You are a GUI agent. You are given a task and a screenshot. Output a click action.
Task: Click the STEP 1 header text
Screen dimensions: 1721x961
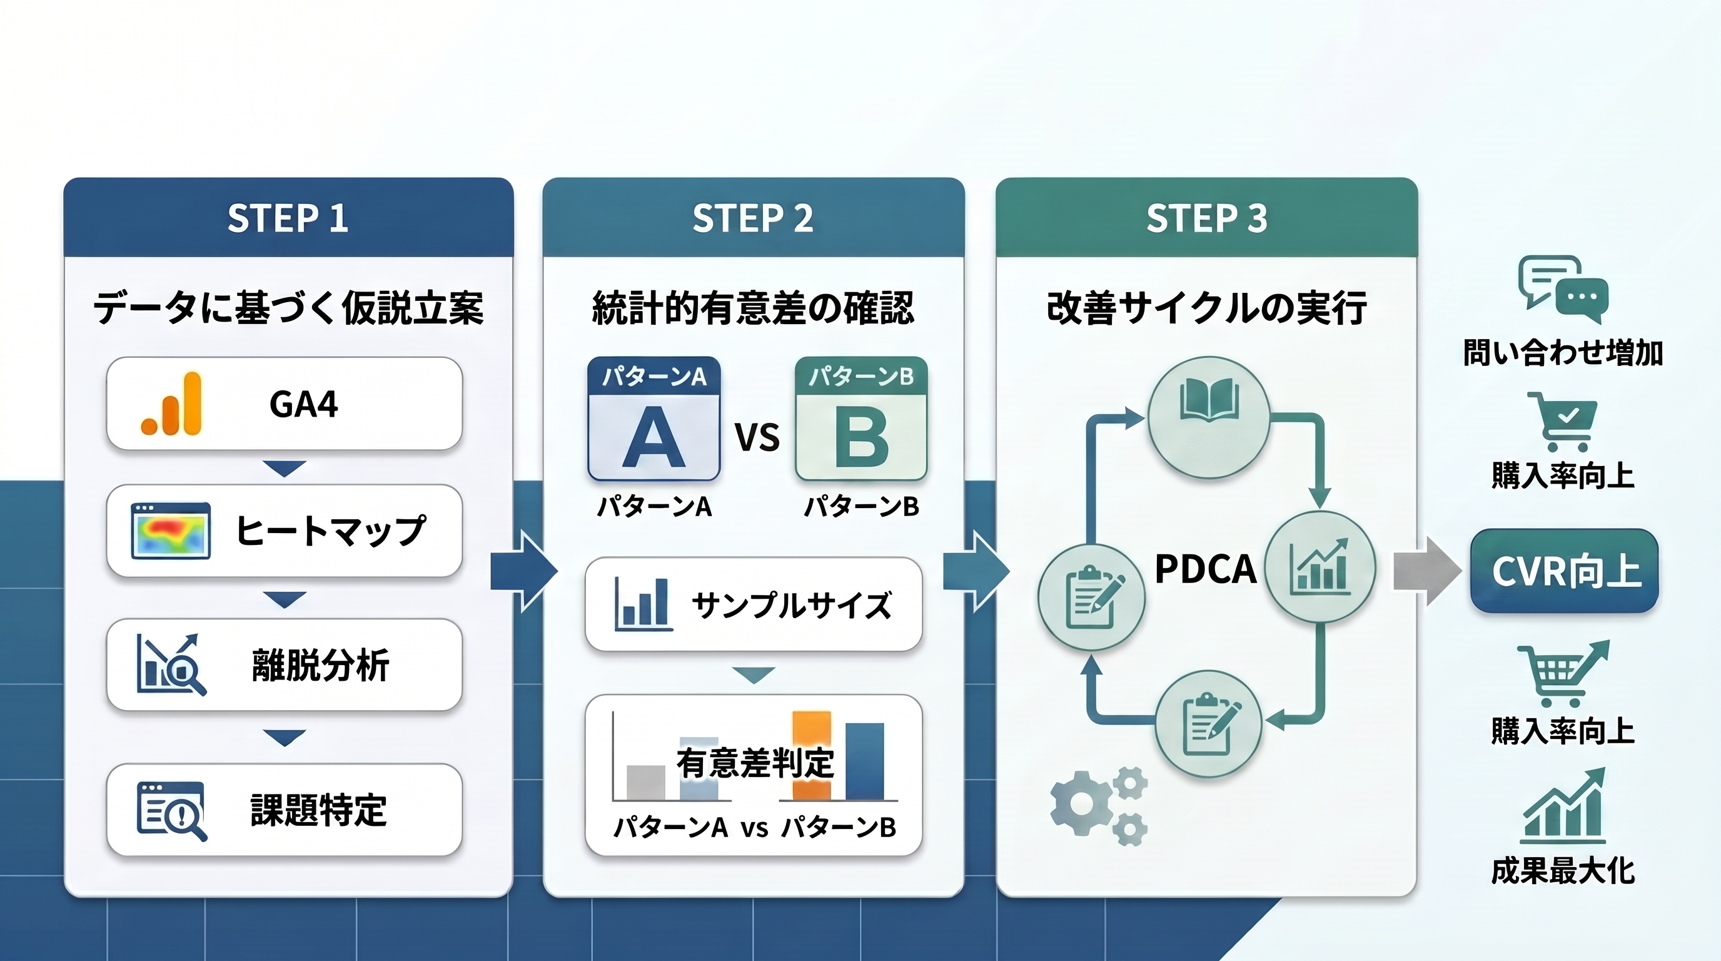tap(288, 218)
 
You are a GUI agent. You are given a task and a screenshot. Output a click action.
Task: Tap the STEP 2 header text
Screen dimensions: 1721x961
tap(753, 218)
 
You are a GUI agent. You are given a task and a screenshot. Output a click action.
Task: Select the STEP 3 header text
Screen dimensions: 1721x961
tap(1206, 218)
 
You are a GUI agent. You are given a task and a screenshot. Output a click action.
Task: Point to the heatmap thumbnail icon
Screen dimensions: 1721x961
tap(171, 531)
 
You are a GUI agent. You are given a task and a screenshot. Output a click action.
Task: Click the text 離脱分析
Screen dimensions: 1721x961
tap(321, 666)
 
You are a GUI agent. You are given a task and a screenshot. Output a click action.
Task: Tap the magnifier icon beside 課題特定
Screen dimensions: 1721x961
tap(172, 811)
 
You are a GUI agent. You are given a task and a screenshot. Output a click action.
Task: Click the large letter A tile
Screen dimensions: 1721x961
tap(654, 419)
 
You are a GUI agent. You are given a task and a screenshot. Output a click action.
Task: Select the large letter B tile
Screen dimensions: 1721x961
tap(861, 419)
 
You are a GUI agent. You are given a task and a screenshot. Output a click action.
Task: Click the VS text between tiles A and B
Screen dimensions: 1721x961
tap(757, 438)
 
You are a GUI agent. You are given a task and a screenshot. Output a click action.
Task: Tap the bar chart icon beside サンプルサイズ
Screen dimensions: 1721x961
tap(643, 604)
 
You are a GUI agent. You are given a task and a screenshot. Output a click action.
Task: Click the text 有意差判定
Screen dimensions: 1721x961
tap(755, 763)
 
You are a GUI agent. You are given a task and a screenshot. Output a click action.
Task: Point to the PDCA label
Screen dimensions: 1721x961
tap(1206, 569)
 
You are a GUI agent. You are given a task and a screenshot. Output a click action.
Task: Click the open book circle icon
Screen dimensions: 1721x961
tap(1209, 417)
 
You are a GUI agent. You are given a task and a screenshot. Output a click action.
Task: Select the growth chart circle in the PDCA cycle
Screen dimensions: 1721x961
tap(1320, 567)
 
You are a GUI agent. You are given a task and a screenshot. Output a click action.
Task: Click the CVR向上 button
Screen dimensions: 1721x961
tap(1565, 571)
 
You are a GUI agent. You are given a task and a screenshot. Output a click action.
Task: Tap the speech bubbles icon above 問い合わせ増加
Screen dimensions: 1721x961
tap(1563, 290)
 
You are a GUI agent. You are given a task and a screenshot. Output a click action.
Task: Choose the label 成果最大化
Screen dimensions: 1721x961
tap(1563, 871)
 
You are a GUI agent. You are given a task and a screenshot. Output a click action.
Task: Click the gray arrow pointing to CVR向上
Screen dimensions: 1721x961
tap(1427, 571)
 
